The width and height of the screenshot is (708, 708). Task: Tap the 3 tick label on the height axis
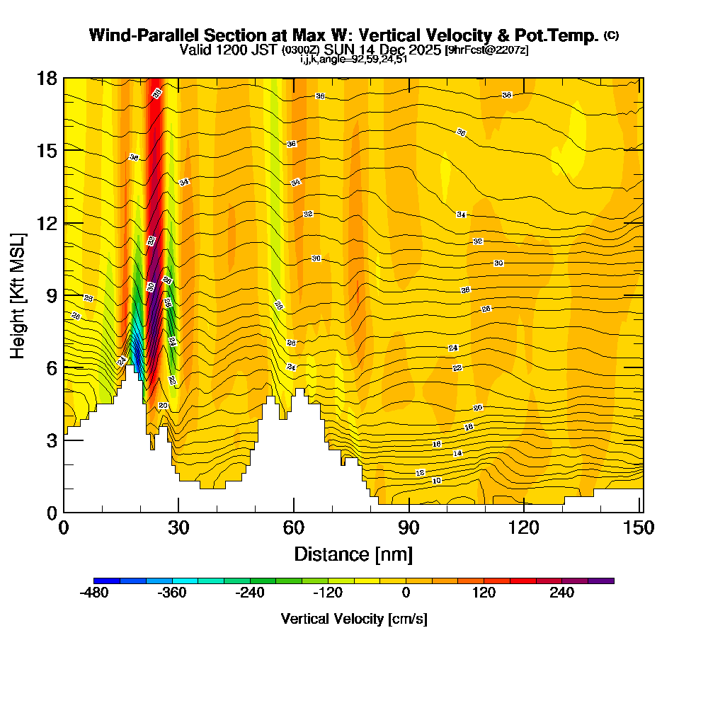click(x=51, y=440)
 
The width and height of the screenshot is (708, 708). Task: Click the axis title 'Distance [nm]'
click(x=353, y=554)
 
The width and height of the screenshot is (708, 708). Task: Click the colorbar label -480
click(x=94, y=593)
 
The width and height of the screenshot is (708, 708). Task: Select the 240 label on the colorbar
click(x=562, y=593)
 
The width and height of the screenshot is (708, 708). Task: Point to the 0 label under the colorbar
click(x=406, y=593)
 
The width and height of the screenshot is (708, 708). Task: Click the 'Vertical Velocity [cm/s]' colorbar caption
click(x=353, y=619)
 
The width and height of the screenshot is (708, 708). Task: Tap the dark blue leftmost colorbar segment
click(x=107, y=581)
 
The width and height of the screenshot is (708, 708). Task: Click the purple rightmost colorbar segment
click(x=601, y=581)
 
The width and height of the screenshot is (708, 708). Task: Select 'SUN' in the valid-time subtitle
click(x=341, y=50)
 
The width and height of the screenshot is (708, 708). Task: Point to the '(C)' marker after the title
click(x=611, y=35)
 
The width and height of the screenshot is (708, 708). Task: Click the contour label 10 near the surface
click(x=437, y=481)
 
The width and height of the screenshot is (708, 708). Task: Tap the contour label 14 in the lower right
click(x=457, y=453)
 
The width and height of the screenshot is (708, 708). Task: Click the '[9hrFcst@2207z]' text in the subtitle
click(x=486, y=50)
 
